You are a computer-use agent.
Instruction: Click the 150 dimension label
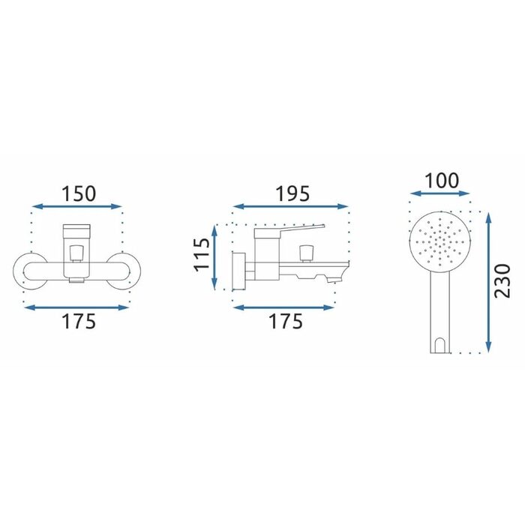pyautogui.click(x=79, y=193)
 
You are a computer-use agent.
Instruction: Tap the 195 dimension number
pyautogui.click(x=292, y=193)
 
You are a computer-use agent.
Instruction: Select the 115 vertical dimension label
pyautogui.click(x=202, y=254)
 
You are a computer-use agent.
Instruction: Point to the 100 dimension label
pyautogui.click(x=442, y=181)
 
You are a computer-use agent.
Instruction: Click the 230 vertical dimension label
pyautogui.click(x=502, y=281)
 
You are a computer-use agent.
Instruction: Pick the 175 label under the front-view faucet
pyautogui.click(x=79, y=321)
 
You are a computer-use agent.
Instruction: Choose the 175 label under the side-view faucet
pyautogui.click(x=286, y=321)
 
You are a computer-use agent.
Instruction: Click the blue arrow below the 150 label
pyautogui.click(x=76, y=206)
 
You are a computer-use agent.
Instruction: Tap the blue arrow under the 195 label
pyautogui.click(x=291, y=206)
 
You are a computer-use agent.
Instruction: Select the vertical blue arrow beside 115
pyautogui.click(x=214, y=256)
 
